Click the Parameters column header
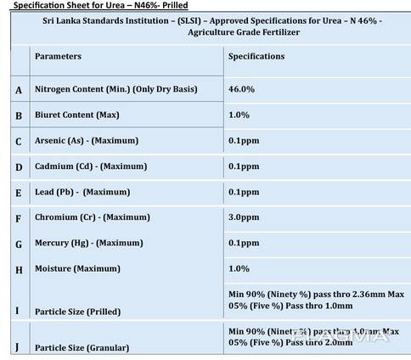pyautogui.click(x=58, y=56)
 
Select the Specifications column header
pyautogui.click(x=257, y=56)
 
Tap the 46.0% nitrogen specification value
pyautogui.click(x=242, y=88)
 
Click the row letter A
pyautogui.click(x=19, y=89)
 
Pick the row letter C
pyautogui.click(x=19, y=141)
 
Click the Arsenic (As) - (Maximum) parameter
pyautogui.click(x=87, y=140)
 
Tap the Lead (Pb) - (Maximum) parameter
pyautogui.click(x=82, y=192)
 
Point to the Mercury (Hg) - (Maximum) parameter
pyautogui.click(x=88, y=243)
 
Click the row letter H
pyautogui.click(x=19, y=270)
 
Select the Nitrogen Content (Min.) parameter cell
pyautogui.click(x=119, y=88)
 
